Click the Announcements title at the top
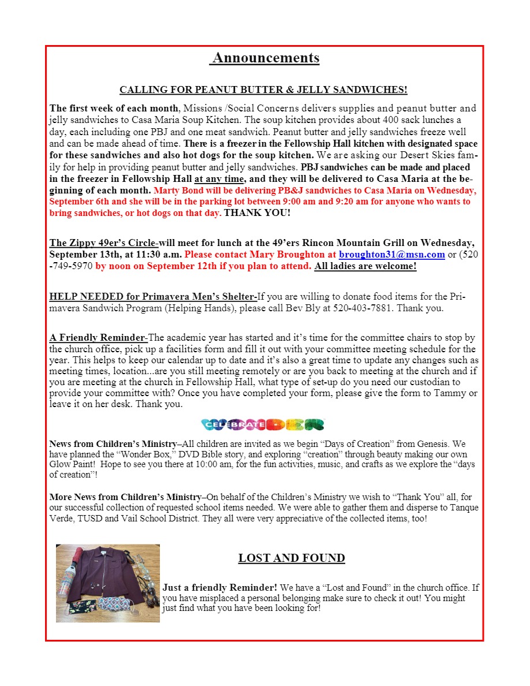(265, 58)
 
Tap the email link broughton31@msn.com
(391, 254)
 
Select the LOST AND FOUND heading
(292, 558)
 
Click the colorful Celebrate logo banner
(263, 424)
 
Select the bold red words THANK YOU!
(257, 212)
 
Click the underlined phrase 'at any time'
(219, 179)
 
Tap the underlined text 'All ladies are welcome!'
(365, 266)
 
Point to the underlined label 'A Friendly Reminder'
(96, 337)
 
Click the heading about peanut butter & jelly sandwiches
(263, 90)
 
